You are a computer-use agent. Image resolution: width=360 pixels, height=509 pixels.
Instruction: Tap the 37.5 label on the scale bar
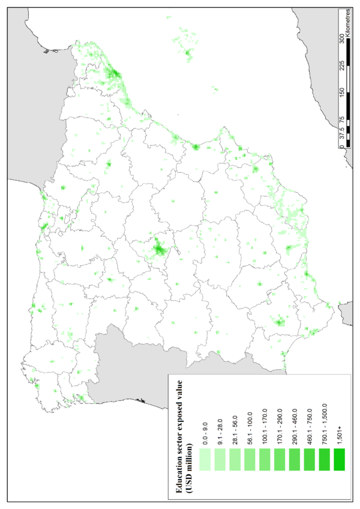pyautogui.click(x=342, y=132)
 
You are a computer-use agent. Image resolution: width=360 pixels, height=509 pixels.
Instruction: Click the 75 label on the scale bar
pyautogui.click(x=342, y=120)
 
